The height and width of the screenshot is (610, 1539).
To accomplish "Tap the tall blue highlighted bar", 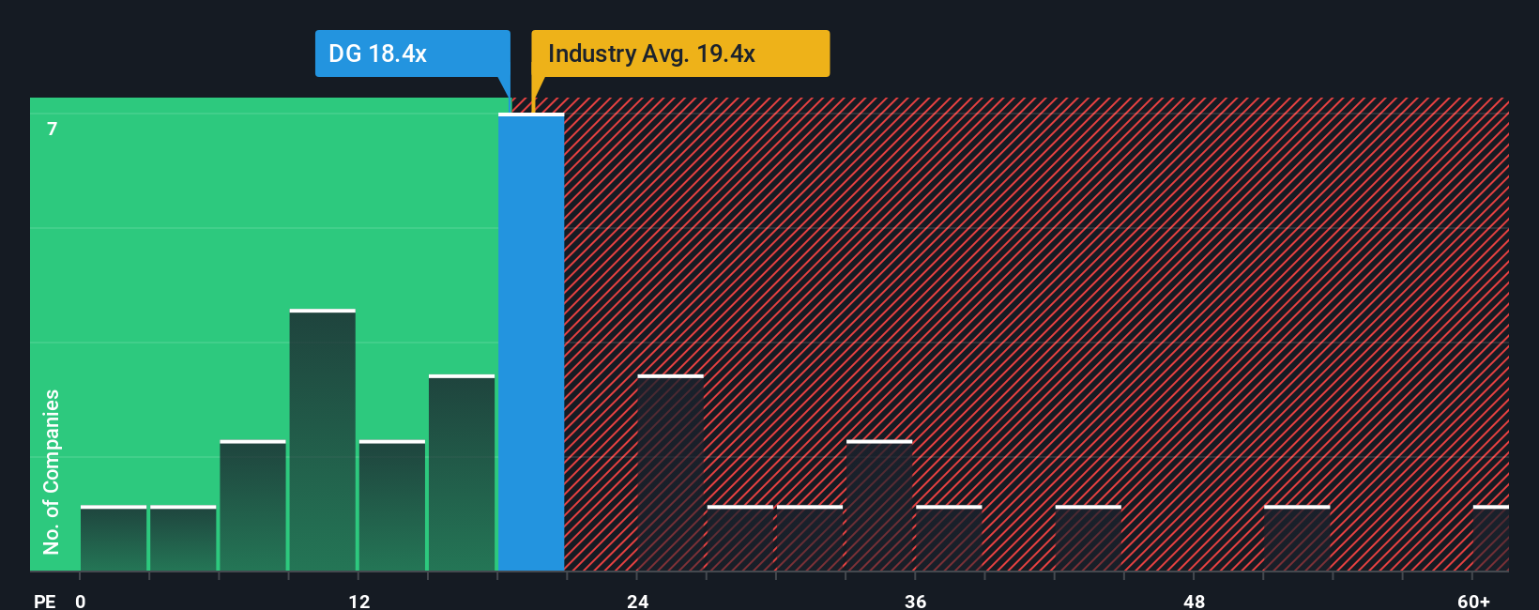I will (x=531, y=343).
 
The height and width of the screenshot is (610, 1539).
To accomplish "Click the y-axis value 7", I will (x=53, y=130).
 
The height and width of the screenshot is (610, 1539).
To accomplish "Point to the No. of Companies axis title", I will (x=52, y=471).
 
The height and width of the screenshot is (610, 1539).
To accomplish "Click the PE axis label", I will (x=44, y=601).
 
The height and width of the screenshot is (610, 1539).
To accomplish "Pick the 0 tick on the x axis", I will (x=81, y=601).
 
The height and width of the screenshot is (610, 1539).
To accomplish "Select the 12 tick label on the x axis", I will (x=358, y=601).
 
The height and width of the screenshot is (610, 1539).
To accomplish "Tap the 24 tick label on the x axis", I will (x=637, y=601).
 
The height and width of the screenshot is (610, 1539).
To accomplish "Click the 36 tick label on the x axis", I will (x=915, y=601).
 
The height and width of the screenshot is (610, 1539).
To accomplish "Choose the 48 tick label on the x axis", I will (x=1194, y=601).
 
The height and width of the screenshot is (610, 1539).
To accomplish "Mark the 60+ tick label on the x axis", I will (x=1473, y=601).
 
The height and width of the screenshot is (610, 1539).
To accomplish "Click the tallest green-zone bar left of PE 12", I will (x=323, y=440).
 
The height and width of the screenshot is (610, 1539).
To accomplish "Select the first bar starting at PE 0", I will (x=114, y=539).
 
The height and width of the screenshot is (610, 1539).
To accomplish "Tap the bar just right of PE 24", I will (x=670, y=473).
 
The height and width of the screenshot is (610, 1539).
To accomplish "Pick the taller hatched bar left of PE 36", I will (x=879, y=506).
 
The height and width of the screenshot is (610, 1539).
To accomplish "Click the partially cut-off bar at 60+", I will (x=1490, y=539).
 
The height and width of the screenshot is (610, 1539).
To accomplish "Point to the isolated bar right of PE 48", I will (x=1297, y=539).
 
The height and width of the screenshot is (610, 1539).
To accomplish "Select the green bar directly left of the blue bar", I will (x=462, y=473).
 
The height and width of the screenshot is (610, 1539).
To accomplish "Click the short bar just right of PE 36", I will (x=949, y=539).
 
